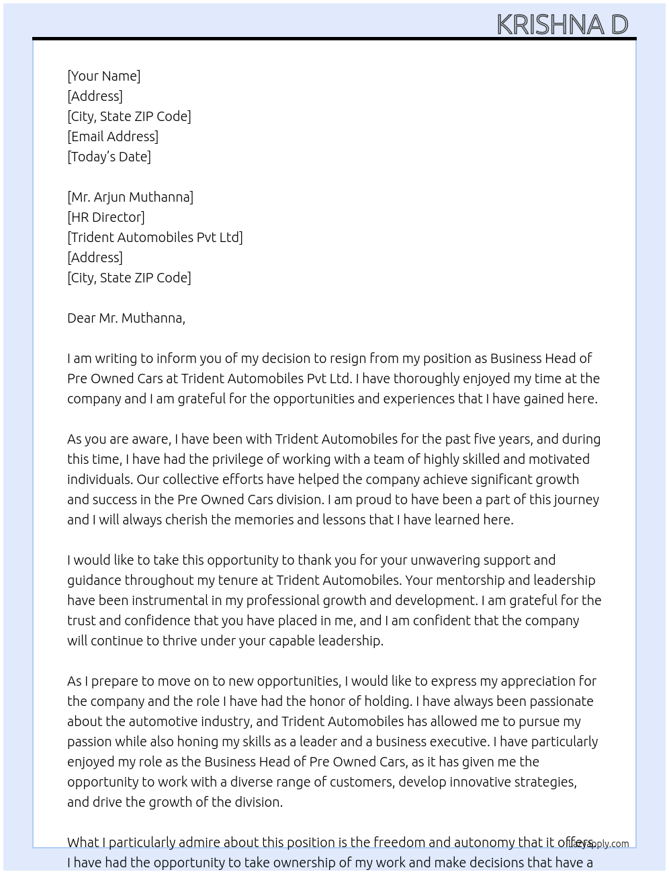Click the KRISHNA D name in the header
click(x=562, y=24)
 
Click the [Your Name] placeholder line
click(x=104, y=76)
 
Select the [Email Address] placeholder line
click(x=113, y=136)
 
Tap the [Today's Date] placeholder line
click(x=109, y=157)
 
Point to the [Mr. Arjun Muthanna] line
click(x=130, y=197)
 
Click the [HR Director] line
click(x=106, y=217)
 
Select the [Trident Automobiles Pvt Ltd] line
click(x=155, y=237)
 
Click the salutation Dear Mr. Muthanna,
click(x=126, y=318)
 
